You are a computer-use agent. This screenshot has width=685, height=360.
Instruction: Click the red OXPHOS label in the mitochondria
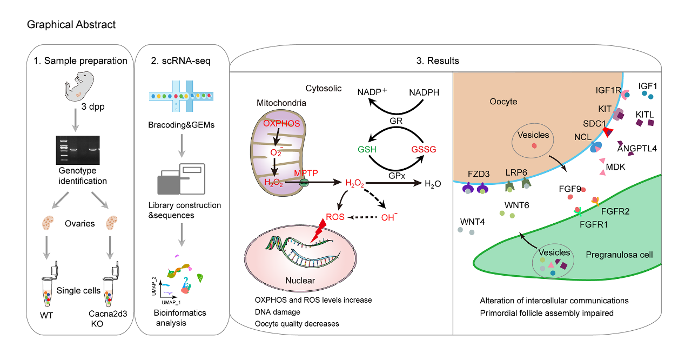coord(281,124)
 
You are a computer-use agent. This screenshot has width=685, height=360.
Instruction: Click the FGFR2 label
coord(615,211)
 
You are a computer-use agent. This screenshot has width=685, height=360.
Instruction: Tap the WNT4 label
coord(472,222)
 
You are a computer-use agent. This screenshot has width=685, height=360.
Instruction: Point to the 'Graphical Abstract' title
coord(71,24)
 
